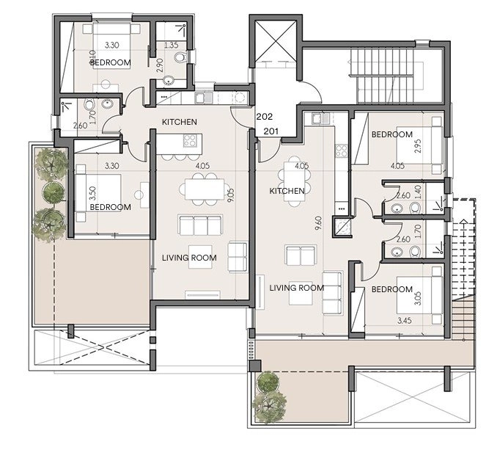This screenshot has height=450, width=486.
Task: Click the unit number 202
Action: [x=265, y=117]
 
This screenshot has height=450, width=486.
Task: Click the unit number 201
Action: [x=271, y=131]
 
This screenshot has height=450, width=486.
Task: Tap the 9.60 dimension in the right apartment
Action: [x=318, y=223]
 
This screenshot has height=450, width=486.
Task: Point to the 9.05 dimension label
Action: [x=231, y=196]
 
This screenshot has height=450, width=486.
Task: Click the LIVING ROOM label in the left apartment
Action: [x=189, y=258]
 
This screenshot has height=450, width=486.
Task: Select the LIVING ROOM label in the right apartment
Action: [x=297, y=288]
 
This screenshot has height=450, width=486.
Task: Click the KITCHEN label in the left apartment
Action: [x=180, y=122]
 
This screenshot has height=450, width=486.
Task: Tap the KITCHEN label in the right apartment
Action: [x=287, y=191]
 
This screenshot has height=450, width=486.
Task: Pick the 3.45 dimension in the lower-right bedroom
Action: [x=405, y=320]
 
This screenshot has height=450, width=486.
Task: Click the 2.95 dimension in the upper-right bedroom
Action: [x=418, y=146]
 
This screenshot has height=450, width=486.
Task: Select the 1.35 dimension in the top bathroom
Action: [x=171, y=46]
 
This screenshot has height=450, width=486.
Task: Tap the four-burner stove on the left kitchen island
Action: [x=189, y=141]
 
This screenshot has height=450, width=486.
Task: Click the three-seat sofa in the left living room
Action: [x=201, y=225]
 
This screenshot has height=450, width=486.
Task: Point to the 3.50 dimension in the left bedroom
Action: [x=92, y=193]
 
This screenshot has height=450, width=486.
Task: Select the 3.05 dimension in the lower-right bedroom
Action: [x=418, y=298]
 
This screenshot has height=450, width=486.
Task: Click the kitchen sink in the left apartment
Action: [x=204, y=98]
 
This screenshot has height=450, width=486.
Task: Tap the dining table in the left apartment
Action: [x=205, y=189]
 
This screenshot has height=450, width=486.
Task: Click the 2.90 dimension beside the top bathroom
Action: [x=159, y=65]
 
